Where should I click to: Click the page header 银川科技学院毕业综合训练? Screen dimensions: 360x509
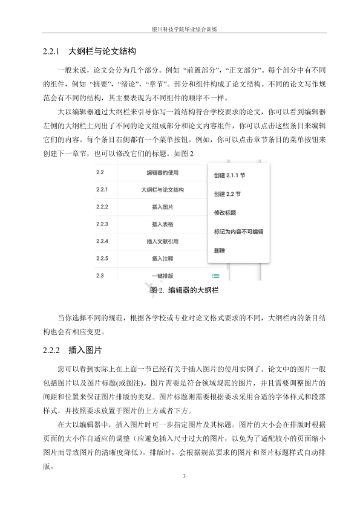coord(180,28)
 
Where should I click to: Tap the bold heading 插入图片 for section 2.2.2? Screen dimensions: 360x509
coord(85,350)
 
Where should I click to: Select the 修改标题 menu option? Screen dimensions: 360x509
coord(224,213)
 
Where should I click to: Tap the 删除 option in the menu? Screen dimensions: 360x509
coord(220,250)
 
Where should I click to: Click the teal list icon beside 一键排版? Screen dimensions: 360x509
coord(216,276)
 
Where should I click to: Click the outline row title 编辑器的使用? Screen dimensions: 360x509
coord(162,172)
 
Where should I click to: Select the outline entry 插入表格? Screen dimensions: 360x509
coord(162,224)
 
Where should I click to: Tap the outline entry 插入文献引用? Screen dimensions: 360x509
coord(162,242)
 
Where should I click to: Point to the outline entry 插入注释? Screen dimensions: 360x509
coord(162,259)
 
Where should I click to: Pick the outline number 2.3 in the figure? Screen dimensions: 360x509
coord(100,276)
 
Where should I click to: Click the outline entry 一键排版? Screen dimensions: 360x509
coord(162,276)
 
